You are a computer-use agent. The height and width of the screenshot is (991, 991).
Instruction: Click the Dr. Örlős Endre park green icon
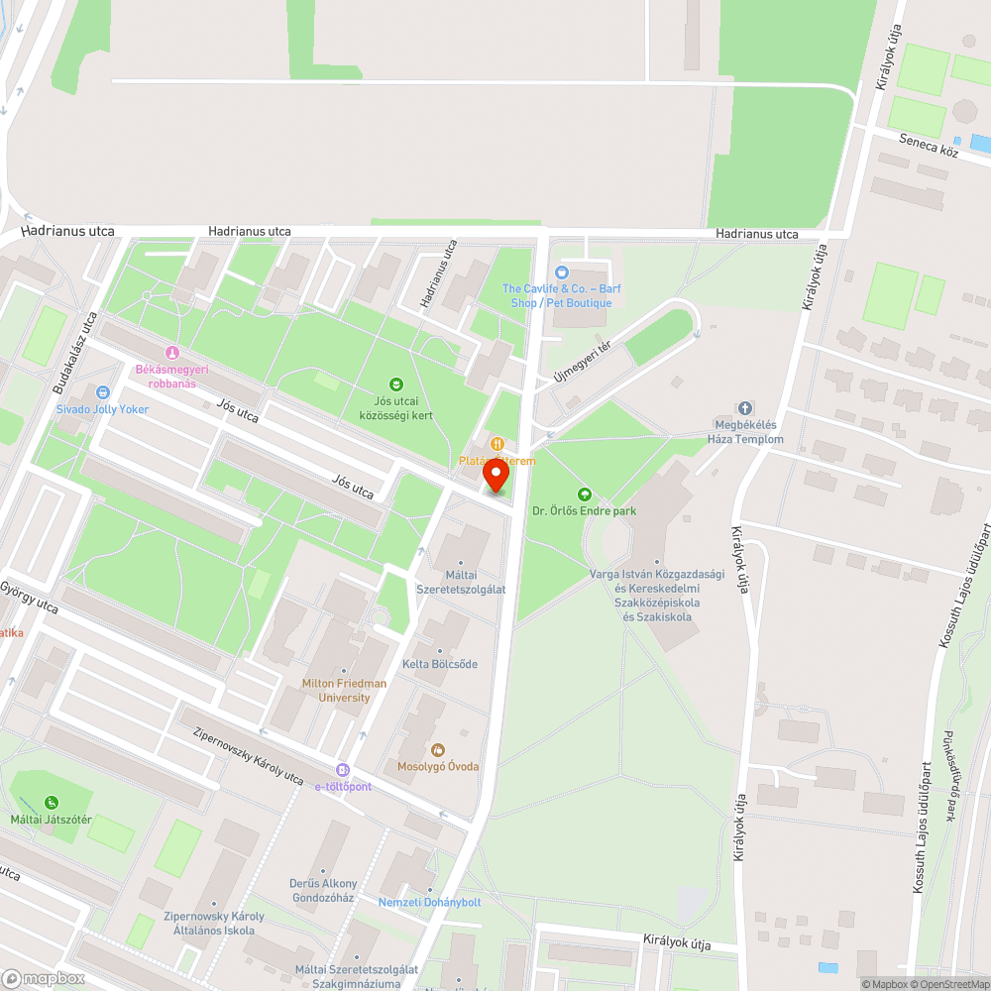(584, 494)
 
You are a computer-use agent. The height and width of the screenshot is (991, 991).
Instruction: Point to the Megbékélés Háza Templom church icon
(745, 409)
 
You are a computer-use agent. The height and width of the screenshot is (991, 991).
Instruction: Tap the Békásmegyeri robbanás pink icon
(171, 353)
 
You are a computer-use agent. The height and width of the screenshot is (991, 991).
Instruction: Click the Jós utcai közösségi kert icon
(396, 385)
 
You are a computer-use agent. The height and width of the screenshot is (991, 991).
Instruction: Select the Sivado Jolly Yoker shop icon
(102, 392)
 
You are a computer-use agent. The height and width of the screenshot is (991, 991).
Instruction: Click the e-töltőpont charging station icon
(343, 770)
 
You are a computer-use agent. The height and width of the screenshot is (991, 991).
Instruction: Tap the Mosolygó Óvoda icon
(438, 749)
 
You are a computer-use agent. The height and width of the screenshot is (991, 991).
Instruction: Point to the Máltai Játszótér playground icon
(51, 803)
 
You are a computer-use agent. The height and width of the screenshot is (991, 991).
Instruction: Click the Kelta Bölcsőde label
(439, 664)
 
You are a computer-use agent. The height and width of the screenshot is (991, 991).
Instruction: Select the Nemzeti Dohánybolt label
(429, 902)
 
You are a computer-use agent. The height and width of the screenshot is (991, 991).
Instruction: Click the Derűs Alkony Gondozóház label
(323, 891)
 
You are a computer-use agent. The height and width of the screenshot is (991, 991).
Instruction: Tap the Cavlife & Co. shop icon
(562, 272)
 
